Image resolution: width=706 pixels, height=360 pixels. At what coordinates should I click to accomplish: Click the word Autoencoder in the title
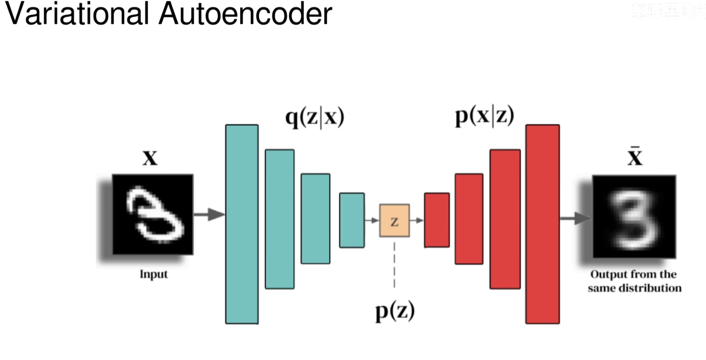[x=245, y=14]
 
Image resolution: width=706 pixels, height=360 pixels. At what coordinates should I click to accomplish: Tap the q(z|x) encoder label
[x=315, y=119]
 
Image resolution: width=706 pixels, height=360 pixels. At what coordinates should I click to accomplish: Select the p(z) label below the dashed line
[x=394, y=311]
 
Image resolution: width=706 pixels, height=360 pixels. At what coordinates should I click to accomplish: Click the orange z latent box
[x=394, y=220]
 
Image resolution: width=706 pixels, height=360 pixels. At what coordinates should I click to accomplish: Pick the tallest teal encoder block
[x=242, y=224]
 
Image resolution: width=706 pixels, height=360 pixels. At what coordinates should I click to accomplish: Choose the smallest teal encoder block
[x=352, y=220]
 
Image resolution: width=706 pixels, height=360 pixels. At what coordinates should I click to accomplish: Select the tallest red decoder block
[x=542, y=224]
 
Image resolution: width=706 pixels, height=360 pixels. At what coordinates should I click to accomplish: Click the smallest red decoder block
[x=437, y=220]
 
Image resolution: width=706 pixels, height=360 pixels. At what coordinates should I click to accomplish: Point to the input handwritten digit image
[x=152, y=214]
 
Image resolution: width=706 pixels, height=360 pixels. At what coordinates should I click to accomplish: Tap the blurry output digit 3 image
[x=634, y=217]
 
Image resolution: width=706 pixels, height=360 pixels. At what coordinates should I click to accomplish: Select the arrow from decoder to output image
[x=575, y=218]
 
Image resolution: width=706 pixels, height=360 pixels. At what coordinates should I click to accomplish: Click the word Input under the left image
[x=153, y=274]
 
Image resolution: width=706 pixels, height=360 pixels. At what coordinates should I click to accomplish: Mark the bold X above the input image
[x=150, y=159]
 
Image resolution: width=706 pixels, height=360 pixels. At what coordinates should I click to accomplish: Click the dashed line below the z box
[x=394, y=265]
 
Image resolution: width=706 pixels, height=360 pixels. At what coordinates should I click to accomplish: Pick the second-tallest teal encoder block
[x=279, y=219]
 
